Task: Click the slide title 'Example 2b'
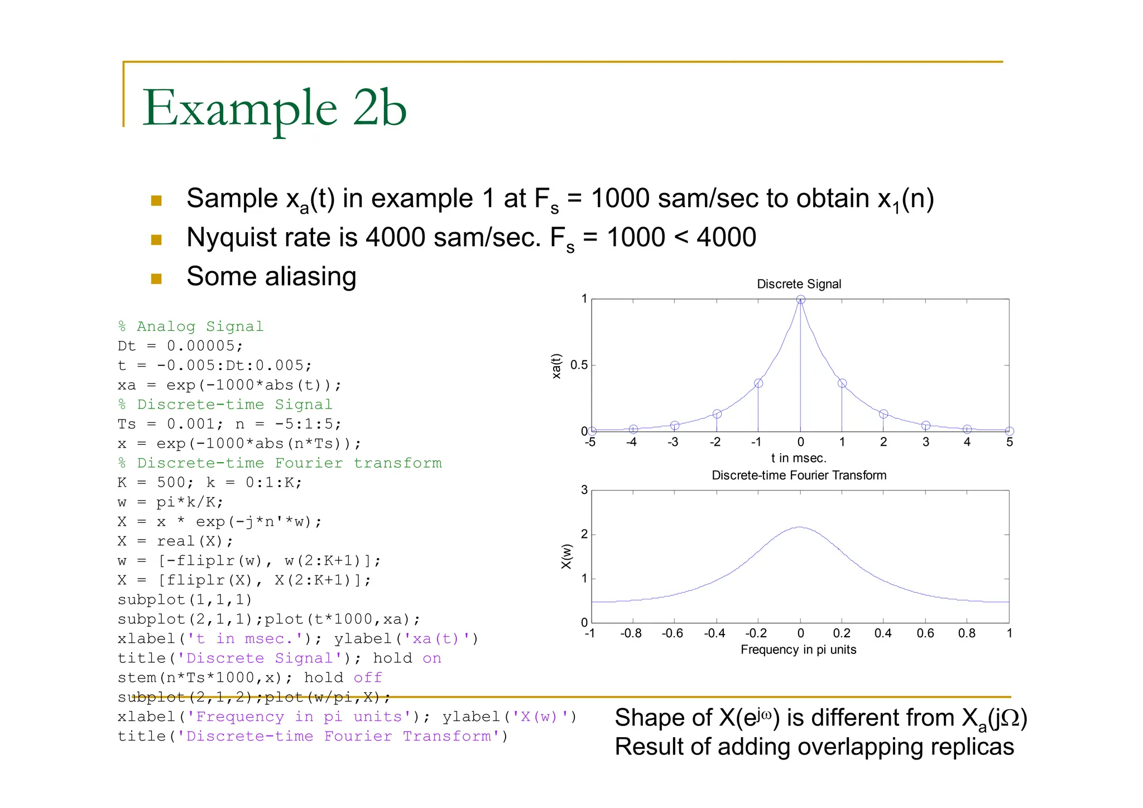pyautogui.click(x=275, y=108)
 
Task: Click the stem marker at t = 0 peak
pyautogui.click(x=800, y=300)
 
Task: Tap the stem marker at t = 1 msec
pyautogui.click(x=842, y=383)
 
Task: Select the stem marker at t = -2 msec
pyautogui.click(x=717, y=414)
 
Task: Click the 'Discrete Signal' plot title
pyautogui.click(x=799, y=284)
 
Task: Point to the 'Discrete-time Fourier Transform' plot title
pyautogui.click(x=799, y=475)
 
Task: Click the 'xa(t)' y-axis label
pyautogui.click(x=556, y=366)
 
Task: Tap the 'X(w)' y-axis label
pyautogui.click(x=566, y=556)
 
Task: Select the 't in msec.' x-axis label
pyautogui.click(x=799, y=458)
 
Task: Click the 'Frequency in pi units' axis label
pyautogui.click(x=798, y=650)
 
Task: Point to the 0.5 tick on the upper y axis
pyautogui.click(x=579, y=365)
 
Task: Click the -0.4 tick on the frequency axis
pyautogui.click(x=714, y=633)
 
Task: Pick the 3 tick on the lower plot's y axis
pyautogui.click(x=584, y=490)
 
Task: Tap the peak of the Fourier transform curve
pyautogui.click(x=800, y=527)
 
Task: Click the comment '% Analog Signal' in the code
pyautogui.click(x=190, y=326)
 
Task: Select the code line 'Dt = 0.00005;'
pyautogui.click(x=180, y=346)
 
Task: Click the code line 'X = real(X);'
pyautogui.click(x=175, y=541)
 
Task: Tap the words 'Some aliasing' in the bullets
pyautogui.click(x=271, y=276)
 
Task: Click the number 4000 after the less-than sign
pyautogui.click(x=726, y=237)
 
